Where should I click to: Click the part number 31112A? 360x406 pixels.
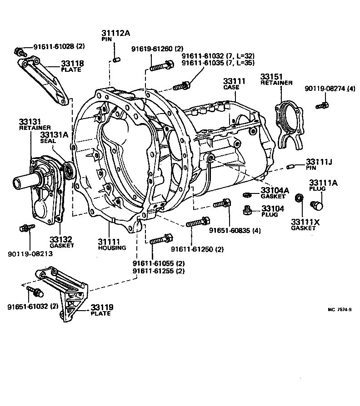click(x=115, y=33)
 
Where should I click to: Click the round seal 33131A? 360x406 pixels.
click(x=69, y=171)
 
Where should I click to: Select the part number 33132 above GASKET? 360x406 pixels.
click(x=61, y=239)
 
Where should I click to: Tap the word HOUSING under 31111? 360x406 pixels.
click(x=111, y=248)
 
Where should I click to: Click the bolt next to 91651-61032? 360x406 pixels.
click(x=33, y=289)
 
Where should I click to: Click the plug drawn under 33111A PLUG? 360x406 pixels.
click(x=317, y=205)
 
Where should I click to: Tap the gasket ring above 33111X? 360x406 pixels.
click(x=299, y=198)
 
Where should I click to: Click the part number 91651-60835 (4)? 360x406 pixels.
click(x=235, y=230)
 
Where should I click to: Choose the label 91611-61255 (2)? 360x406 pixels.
click(x=159, y=271)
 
